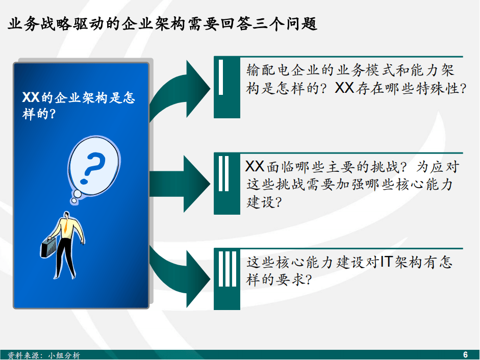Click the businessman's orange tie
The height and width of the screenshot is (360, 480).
coord(66,225)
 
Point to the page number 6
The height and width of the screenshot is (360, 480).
coord(465,354)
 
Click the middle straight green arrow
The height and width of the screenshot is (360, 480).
coord(180,184)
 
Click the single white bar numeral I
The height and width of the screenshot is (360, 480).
coord(221,77)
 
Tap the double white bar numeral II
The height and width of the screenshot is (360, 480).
coord(224,173)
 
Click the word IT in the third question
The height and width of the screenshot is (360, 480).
coord(386,262)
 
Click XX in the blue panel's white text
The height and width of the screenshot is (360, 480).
coord(31,97)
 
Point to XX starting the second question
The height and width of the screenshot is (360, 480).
coord(255,167)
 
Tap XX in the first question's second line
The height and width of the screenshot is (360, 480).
coord(345,88)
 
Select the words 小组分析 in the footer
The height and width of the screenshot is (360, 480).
coord(64,355)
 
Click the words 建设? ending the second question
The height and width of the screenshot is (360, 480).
coord(264,202)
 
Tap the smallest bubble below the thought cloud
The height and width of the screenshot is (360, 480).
coord(74,200)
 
